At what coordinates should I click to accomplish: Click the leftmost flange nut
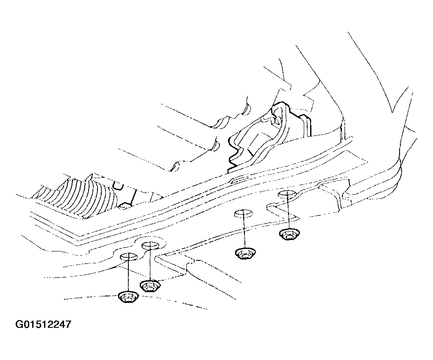click(x=128, y=297)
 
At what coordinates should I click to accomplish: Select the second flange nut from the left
click(x=150, y=286)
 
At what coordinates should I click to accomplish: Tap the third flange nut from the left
click(x=245, y=254)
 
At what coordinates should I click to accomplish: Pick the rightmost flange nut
click(x=289, y=235)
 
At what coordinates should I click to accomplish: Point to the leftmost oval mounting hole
click(x=128, y=257)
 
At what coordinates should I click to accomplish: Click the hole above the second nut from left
click(x=150, y=245)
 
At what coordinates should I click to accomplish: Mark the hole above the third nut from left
click(x=244, y=214)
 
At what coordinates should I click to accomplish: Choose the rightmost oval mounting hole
click(x=287, y=194)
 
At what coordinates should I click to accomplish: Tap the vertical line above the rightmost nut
click(x=288, y=211)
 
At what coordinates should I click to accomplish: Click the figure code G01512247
click(x=43, y=324)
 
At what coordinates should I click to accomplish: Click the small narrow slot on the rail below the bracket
click(x=240, y=180)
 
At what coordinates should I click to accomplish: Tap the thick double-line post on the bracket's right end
click(x=307, y=126)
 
